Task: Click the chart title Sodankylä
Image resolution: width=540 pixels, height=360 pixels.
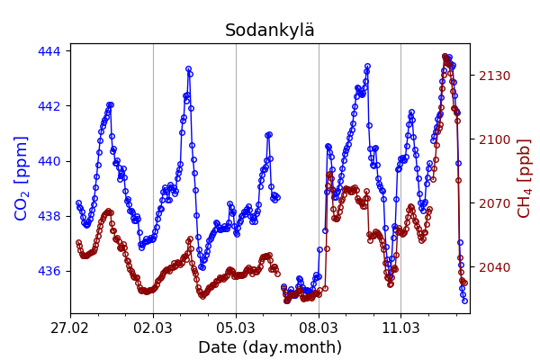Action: click(x=270, y=31)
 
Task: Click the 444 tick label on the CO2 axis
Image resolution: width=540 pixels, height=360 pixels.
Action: click(x=49, y=51)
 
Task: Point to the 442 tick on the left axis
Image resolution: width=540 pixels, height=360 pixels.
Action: click(x=49, y=106)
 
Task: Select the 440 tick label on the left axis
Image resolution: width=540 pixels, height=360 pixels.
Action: click(x=49, y=161)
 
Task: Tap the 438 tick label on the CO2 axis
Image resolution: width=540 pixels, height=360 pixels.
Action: click(x=49, y=216)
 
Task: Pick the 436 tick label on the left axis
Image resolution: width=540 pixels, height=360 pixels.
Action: click(x=49, y=271)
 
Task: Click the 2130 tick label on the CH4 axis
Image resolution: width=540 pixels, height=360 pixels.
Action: click(x=493, y=76)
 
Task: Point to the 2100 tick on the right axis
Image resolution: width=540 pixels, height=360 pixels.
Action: click(x=493, y=139)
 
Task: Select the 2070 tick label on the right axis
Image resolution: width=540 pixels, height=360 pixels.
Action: click(x=493, y=203)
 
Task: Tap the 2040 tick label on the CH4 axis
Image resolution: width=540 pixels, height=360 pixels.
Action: click(x=493, y=267)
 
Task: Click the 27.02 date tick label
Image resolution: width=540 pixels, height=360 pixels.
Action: click(x=70, y=328)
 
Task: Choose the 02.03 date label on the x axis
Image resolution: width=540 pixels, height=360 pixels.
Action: click(x=153, y=328)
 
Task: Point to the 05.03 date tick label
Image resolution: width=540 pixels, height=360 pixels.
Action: click(x=236, y=328)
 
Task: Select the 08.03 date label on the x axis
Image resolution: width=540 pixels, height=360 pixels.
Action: click(x=319, y=328)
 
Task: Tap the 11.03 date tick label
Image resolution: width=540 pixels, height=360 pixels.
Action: click(x=400, y=328)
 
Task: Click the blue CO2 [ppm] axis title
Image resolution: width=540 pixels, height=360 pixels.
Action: click(x=22, y=178)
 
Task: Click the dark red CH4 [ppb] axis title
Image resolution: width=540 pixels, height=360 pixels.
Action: click(x=525, y=178)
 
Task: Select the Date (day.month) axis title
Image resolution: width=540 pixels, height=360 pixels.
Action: click(x=270, y=347)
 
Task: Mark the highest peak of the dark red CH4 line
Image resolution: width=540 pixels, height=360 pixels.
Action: click(x=445, y=57)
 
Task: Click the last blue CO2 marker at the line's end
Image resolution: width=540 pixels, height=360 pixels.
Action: click(x=464, y=301)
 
